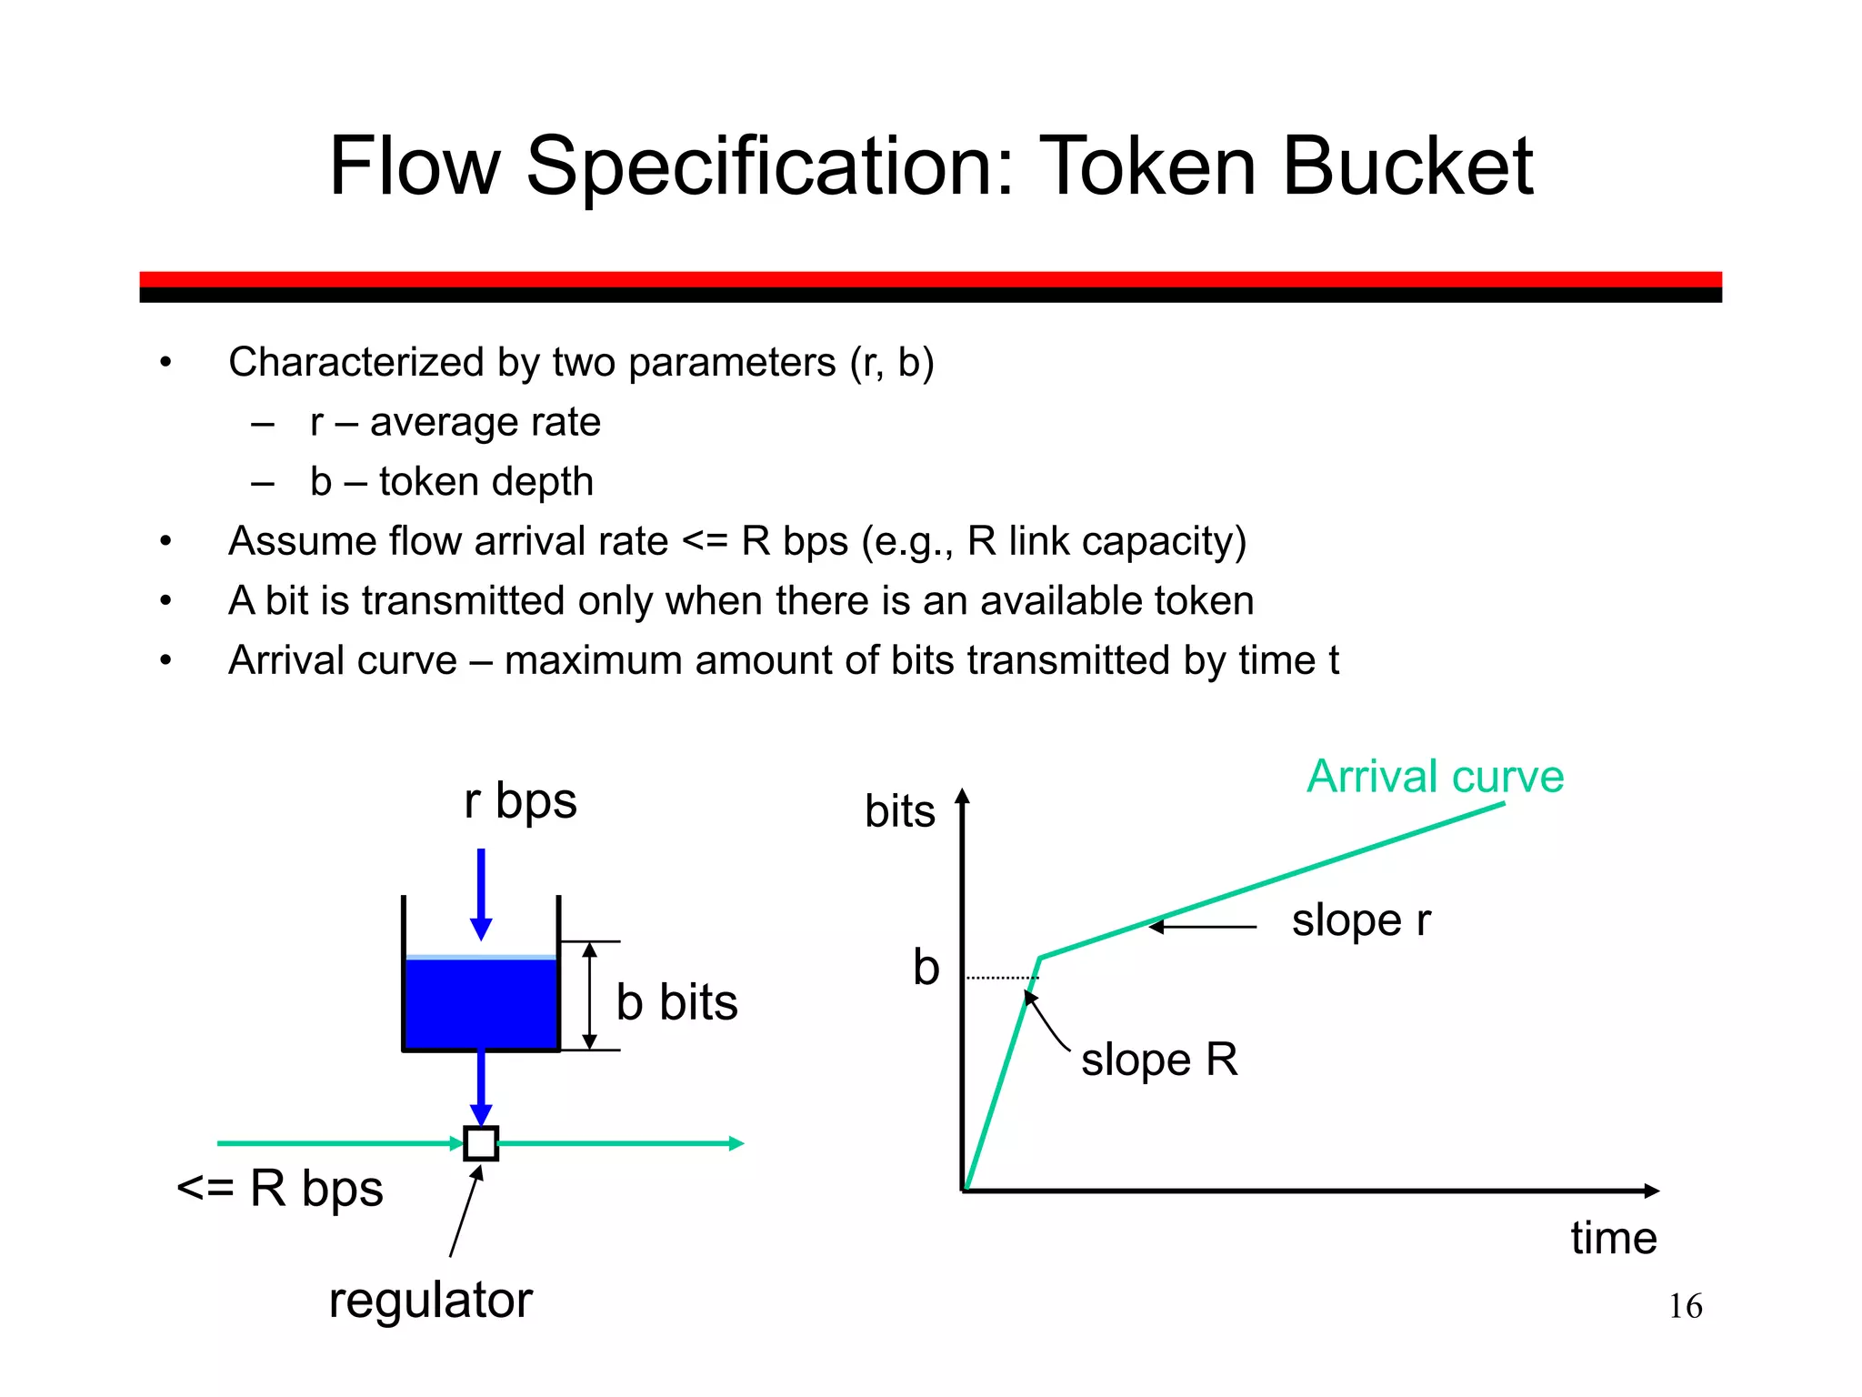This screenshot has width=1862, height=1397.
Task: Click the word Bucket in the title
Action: click(x=1407, y=167)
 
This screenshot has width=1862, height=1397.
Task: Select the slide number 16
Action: click(x=1685, y=1307)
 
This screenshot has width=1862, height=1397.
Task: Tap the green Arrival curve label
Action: click(x=1435, y=777)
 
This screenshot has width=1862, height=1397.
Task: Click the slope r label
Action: click(x=1360, y=920)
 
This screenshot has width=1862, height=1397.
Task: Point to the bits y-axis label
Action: click(x=899, y=811)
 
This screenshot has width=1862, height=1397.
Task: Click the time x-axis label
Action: click(x=1613, y=1239)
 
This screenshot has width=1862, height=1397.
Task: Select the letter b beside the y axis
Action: click(x=926, y=968)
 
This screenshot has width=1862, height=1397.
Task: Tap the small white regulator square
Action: click(x=481, y=1143)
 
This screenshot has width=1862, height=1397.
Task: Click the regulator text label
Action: click(x=430, y=1301)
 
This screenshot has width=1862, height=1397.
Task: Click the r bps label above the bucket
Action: click(x=520, y=802)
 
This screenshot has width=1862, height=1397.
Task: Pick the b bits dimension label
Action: click(x=676, y=1002)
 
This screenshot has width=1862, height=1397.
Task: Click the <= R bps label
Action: click(x=280, y=1189)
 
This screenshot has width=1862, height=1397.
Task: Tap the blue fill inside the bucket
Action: click(x=481, y=1004)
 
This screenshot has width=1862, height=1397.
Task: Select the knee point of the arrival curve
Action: click(x=1040, y=958)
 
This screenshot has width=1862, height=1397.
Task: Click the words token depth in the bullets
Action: click(x=486, y=482)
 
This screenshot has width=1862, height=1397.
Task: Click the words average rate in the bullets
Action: click(x=485, y=423)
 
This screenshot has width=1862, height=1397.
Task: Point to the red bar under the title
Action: click(x=930, y=279)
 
